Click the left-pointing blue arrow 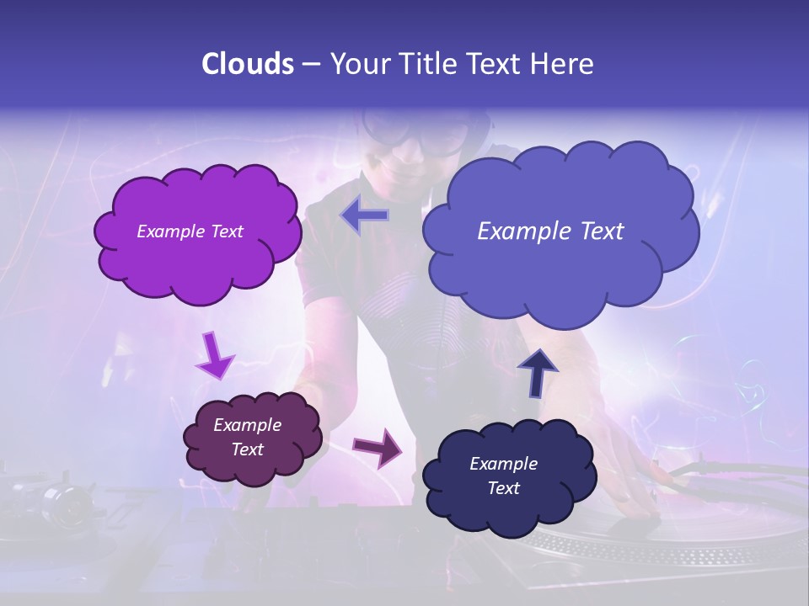[364, 215]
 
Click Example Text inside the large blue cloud [550, 231]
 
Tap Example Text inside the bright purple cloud [190, 231]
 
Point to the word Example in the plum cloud [247, 425]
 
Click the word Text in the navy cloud [503, 488]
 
